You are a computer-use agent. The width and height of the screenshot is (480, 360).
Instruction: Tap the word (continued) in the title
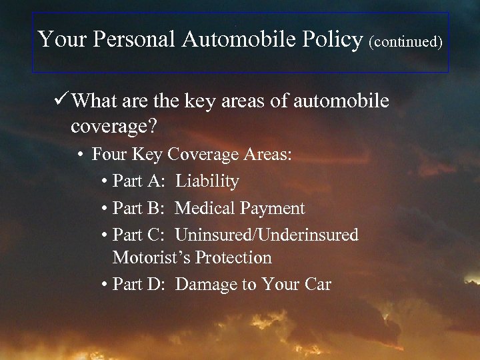pos(405,42)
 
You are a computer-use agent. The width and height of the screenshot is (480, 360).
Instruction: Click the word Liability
pos(207,181)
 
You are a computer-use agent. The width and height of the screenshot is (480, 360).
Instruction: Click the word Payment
pos(273,209)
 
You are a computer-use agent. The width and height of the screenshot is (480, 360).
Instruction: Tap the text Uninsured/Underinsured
pos(267,235)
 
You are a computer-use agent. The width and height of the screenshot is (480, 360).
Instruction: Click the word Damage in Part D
pos(206,285)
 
